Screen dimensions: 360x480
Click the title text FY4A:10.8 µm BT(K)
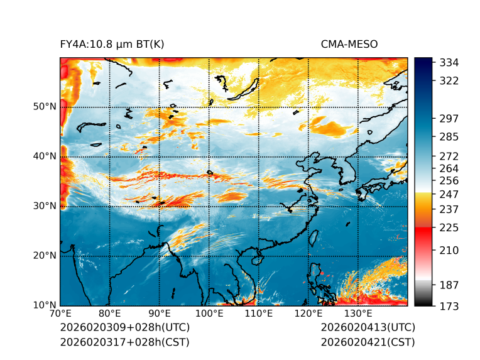tap(112, 44)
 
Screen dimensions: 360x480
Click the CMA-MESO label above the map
tap(349, 44)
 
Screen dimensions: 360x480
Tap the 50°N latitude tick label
tap(45, 106)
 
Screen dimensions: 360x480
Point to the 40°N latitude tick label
tap(45, 156)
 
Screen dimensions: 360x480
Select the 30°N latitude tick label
tap(45, 205)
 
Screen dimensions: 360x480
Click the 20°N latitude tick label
tap(45, 255)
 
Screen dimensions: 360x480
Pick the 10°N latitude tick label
tap(45, 305)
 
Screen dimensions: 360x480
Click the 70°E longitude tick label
tap(60, 314)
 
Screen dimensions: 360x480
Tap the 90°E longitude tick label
tap(160, 314)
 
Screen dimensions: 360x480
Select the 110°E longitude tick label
tap(258, 314)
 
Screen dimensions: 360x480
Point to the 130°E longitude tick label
tap(357, 314)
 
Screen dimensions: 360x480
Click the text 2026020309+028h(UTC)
tap(124, 328)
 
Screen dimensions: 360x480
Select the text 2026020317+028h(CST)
tap(124, 342)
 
